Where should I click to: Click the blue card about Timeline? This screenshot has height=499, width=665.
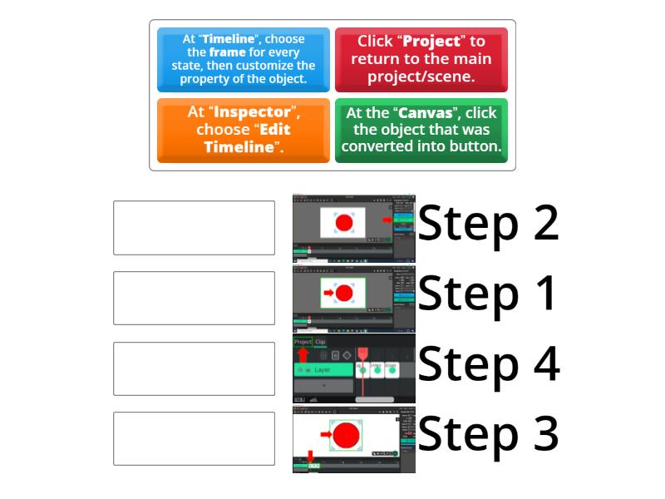point(244,60)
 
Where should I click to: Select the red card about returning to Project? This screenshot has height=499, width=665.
point(421,60)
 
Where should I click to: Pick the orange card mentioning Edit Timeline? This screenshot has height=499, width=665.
point(244,131)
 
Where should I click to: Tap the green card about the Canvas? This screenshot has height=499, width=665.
point(421,131)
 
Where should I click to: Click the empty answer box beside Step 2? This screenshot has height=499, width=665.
point(194,227)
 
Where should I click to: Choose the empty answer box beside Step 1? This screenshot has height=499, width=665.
point(194,298)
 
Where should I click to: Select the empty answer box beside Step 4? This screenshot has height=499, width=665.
point(194,368)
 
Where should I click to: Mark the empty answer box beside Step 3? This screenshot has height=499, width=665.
point(194,438)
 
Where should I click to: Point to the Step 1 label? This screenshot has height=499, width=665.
point(488,294)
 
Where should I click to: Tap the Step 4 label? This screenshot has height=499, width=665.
point(488,364)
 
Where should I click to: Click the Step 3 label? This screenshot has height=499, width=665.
point(488,434)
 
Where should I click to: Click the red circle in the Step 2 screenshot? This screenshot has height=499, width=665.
point(343,222)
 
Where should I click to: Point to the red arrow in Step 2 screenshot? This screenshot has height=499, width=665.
point(386,220)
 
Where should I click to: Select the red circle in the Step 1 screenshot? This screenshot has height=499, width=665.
point(344,293)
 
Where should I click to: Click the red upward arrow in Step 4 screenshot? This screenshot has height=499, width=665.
point(303,354)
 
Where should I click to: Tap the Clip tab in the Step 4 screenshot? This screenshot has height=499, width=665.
point(320,342)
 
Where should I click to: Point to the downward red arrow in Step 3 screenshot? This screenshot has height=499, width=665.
point(310,456)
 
